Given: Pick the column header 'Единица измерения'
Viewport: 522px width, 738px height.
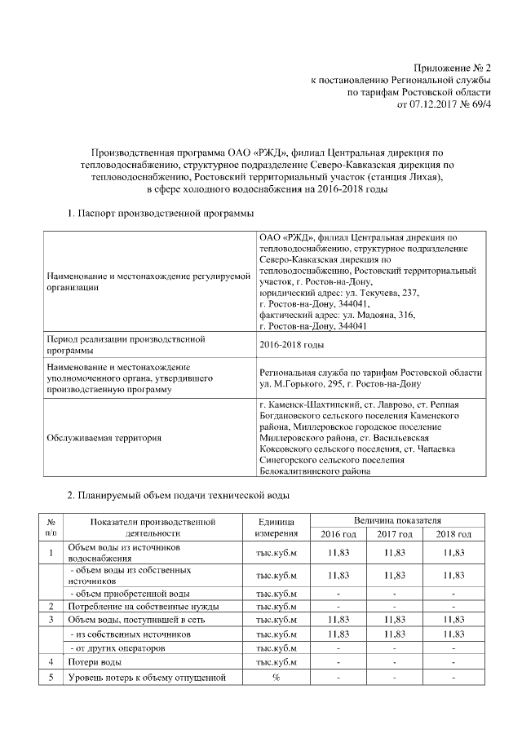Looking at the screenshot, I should [276, 527].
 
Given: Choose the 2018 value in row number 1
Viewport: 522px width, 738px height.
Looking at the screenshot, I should [453, 553].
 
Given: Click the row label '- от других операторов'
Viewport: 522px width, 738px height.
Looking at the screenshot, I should [120, 647].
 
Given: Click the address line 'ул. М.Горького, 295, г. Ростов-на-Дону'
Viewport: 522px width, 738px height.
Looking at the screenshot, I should [339, 383].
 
